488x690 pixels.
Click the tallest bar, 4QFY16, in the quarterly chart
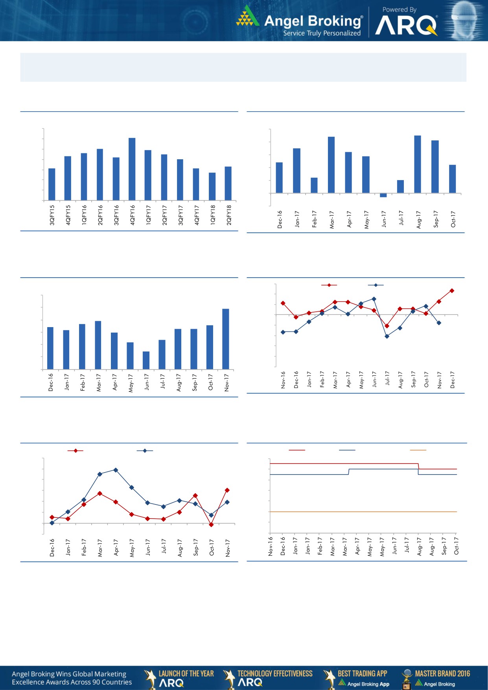point(132,169)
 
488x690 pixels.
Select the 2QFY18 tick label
point(229,215)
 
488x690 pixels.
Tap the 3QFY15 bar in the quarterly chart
point(52,184)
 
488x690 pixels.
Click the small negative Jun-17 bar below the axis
point(383,195)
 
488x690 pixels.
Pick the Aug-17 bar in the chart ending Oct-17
point(418,164)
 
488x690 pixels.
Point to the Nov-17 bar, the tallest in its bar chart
point(226,339)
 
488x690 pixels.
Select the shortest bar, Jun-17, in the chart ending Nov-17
point(146,360)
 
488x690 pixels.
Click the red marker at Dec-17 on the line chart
point(452,291)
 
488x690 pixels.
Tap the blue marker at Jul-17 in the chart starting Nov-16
point(387,336)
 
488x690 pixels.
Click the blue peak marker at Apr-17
point(116,470)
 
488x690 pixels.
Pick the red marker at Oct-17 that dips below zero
point(211,524)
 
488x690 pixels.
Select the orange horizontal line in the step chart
point(362,512)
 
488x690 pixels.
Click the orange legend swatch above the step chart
point(418,450)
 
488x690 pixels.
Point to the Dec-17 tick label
point(452,380)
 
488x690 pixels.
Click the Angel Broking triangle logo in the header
point(247,17)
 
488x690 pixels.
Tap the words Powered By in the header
point(399,9)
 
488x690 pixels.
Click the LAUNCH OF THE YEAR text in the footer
point(186,673)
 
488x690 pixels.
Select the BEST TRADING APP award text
point(362,673)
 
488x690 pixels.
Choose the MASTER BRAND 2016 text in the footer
point(442,673)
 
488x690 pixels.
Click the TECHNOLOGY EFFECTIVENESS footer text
point(275,673)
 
